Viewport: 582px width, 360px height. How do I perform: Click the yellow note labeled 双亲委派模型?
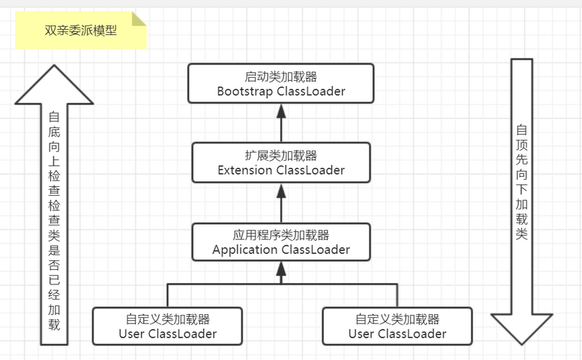[80, 31]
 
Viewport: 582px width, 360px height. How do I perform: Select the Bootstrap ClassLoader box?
[281, 83]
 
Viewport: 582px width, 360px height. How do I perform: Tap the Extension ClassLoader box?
[281, 162]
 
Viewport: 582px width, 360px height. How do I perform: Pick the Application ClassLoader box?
[281, 241]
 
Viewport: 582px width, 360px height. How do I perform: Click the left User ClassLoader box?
[167, 326]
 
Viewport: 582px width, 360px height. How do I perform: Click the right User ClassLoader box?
[396, 326]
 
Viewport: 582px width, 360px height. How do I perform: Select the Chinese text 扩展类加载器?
[281, 156]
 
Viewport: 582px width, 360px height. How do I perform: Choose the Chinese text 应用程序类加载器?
[281, 235]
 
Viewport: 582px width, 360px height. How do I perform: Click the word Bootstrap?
[244, 92]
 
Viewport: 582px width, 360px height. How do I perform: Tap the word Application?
[244, 250]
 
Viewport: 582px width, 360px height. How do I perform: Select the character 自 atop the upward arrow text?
[54, 117]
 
